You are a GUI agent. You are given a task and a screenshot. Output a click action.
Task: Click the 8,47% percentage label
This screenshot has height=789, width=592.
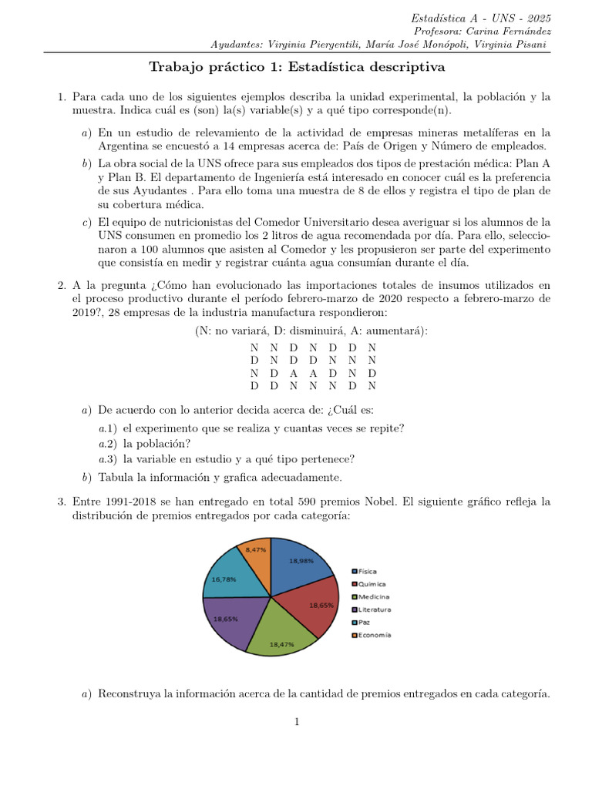coord(256,549)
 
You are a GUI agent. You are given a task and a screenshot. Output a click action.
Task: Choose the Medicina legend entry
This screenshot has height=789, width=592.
coord(372,597)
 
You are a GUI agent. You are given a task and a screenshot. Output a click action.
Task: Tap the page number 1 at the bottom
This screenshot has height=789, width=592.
coord(295,721)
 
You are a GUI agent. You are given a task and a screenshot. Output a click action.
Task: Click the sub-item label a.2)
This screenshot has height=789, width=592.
coord(109,443)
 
